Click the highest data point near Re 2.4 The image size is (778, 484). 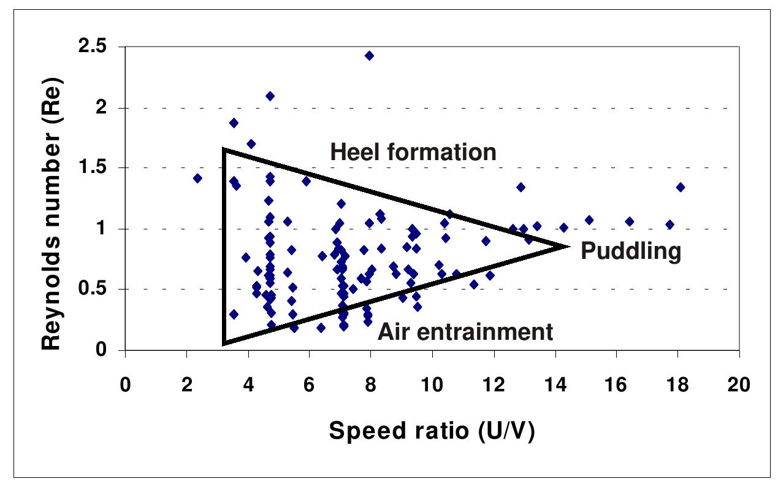(x=369, y=56)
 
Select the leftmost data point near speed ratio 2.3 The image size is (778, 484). (x=197, y=179)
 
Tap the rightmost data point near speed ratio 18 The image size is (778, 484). (x=680, y=187)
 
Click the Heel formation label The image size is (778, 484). (x=413, y=152)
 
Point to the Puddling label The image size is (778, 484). (x=631, y=252)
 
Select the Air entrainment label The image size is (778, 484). (x=465, y=332)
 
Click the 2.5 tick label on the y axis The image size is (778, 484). (x=100, y=48)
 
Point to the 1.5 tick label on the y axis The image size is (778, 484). (x=100, y=169)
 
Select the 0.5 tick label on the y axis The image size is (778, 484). (x=100, y=290)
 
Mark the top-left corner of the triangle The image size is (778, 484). (x=224, y=149)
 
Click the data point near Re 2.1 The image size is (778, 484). (x=270, y=96)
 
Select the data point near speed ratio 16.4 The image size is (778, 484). (x=629, y=221)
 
